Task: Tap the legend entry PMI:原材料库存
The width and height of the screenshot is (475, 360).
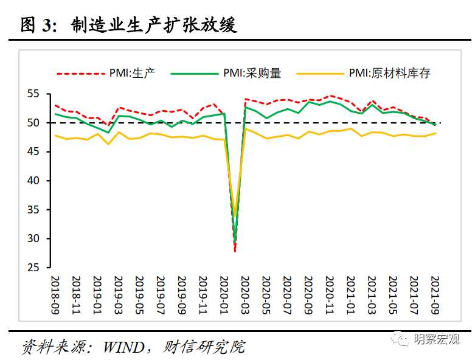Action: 389,74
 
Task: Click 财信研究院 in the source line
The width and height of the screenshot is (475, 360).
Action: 204,347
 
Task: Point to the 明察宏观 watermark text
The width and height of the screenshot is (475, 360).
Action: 437,340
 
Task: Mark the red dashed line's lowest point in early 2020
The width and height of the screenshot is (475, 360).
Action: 235,251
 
